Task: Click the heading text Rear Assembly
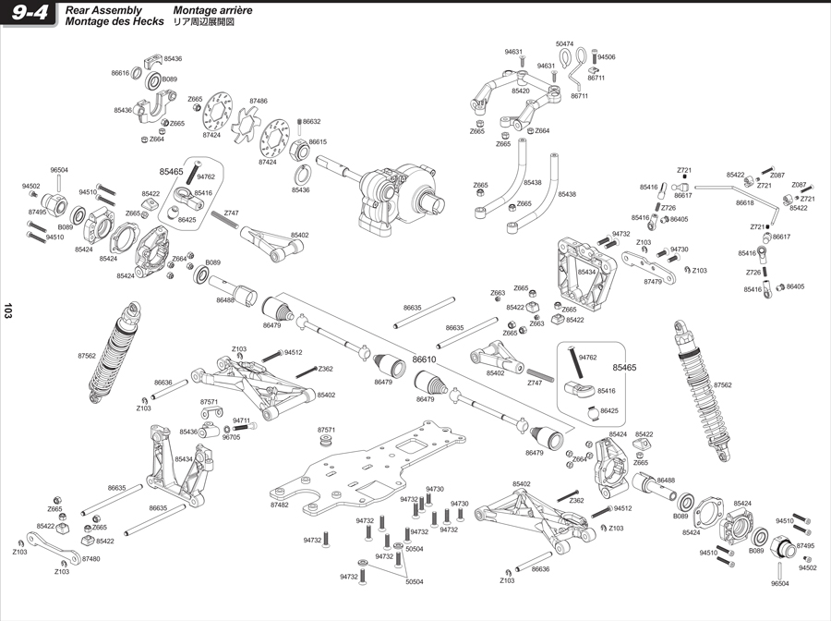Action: [x=103, y=9]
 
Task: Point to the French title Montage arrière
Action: [x=213, y=9]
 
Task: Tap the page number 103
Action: [x=8, y=311]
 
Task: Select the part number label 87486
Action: [x=258, y=101]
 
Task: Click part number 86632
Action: [x=312, y=121]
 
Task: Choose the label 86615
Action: [x=319, y=142]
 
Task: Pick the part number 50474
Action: [x=565, y=43]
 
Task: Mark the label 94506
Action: [x=607, y=57]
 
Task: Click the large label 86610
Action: [x=424, y=359]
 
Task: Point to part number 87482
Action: [x=280, y=505]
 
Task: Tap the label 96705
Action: [x=231, y=437]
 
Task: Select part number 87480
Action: [x=90, y=559]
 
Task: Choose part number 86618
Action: [x=745, y=203]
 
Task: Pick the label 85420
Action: [x=521, y=91]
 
